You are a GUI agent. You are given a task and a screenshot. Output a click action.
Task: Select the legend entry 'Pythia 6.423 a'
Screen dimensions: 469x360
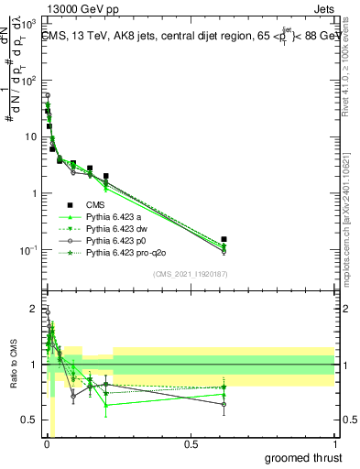click(x=115, y=216)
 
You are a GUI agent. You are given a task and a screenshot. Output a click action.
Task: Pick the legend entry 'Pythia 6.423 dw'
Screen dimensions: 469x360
click(x=117, y=228)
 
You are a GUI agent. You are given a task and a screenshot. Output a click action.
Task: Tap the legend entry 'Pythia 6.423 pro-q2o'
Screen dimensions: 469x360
click(x=125, y=252)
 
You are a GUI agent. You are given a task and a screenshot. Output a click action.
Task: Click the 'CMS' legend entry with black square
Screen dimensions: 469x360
click(x=95, y=204)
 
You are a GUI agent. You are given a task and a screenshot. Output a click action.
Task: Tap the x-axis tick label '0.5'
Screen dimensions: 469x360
click(x=191, y=444)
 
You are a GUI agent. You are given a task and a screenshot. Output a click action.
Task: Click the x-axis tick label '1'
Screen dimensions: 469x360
click(x=335, y=444)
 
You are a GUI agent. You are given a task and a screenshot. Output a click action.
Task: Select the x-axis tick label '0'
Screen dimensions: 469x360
click(x=47, y=444)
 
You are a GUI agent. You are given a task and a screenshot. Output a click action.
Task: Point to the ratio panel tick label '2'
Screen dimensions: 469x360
click(x=33, y=308)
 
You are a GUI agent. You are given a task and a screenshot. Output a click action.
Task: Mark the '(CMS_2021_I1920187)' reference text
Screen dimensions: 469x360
click(x=190, y=274)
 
